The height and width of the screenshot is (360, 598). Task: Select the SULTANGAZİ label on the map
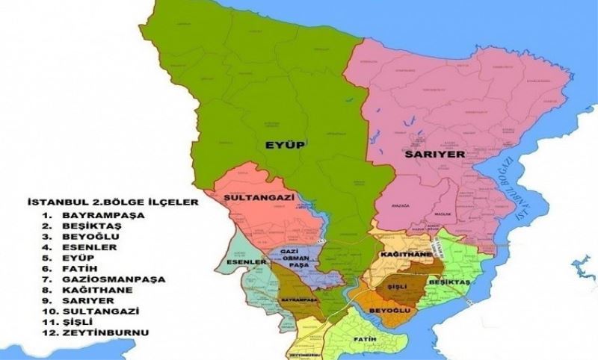point(257,196)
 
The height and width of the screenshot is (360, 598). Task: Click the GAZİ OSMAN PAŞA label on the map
point(298,258)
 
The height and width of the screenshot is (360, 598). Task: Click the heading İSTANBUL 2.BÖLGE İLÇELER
point(101,202)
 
